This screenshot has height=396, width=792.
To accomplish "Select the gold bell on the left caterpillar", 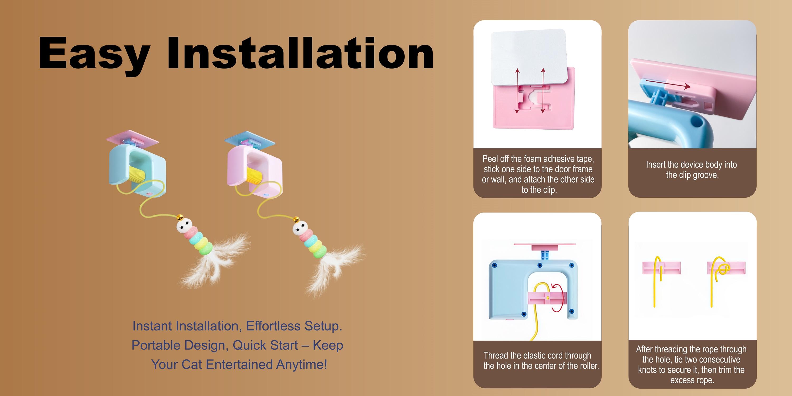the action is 180,218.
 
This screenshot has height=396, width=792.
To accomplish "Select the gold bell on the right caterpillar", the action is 296,220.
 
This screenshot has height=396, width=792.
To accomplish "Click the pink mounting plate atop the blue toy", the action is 132,138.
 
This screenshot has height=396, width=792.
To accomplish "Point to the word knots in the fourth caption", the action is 648,370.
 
